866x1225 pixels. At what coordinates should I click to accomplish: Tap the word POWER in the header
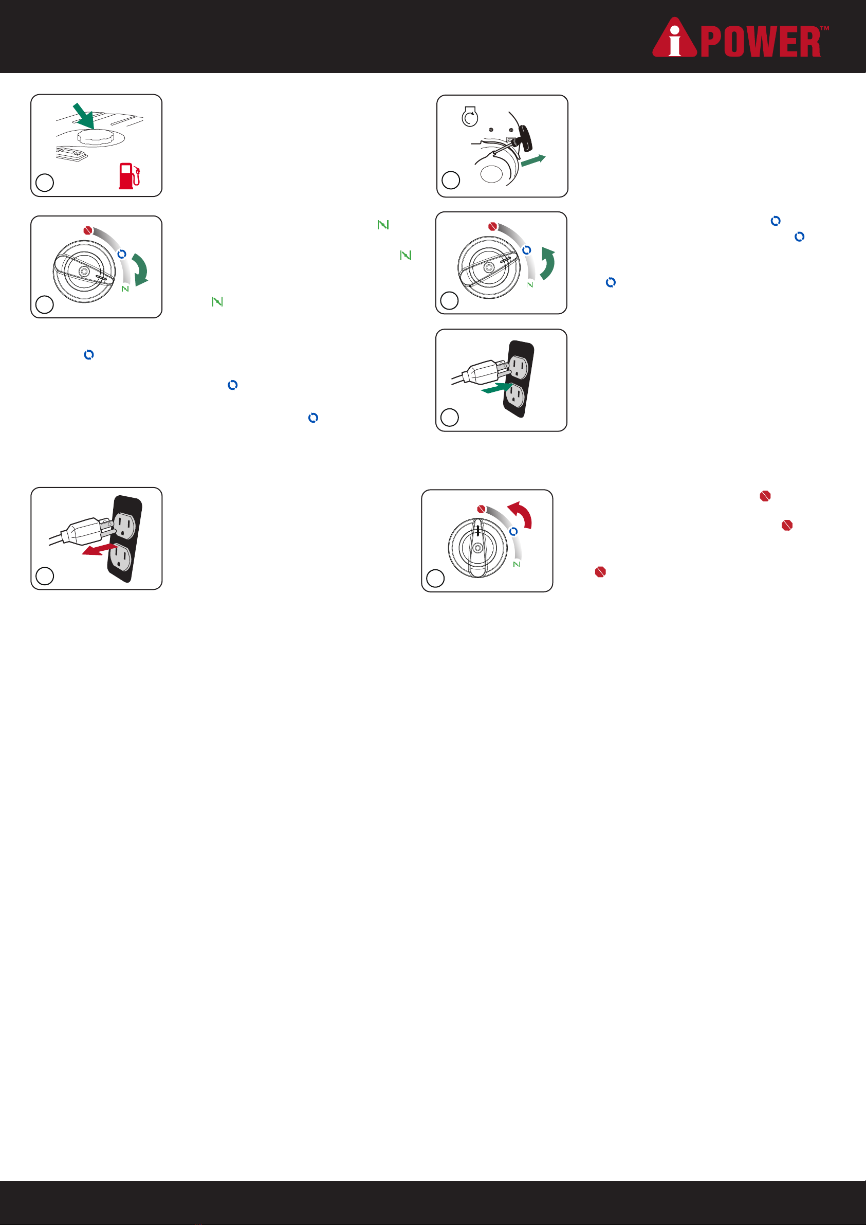761,42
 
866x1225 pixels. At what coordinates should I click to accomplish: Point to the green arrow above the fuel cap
84,116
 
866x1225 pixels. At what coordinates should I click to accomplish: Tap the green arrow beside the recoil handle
533,160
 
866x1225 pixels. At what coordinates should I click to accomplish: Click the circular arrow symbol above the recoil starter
469,117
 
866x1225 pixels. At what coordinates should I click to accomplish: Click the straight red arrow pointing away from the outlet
99,550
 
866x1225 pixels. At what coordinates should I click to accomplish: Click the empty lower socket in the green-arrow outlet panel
514,395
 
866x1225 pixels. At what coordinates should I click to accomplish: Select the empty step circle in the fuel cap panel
45,183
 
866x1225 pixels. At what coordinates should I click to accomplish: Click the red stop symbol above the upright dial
481,509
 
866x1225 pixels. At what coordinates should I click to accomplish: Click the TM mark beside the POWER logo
824,28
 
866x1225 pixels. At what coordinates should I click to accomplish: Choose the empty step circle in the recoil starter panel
451,181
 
